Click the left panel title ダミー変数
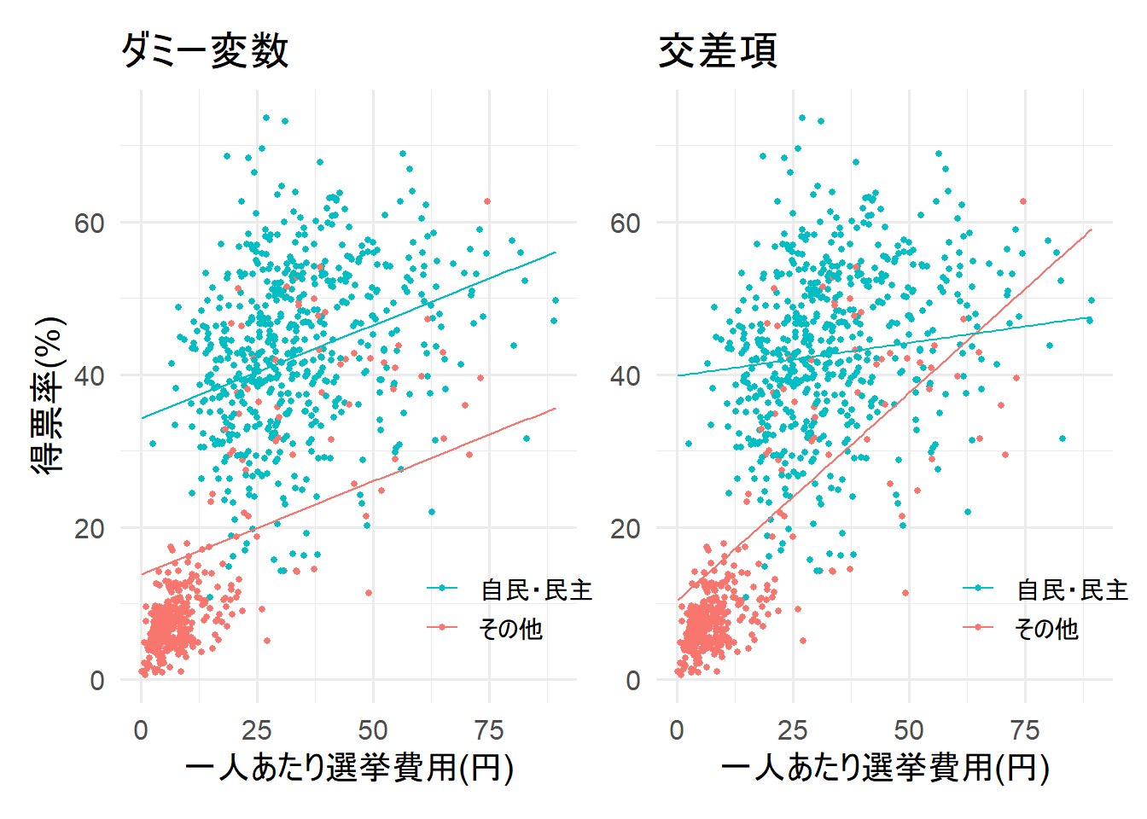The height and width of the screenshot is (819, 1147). pyautogui.click(x=205, y=51)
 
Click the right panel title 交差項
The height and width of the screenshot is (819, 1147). pyautogui.click(x=718, y=51)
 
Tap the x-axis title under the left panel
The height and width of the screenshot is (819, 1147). pyautogui.click(x=349, y=768)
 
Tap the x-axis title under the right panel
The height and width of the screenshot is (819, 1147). pyautogui.click(x=885, y=768)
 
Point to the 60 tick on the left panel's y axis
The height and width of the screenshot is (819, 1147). pyautogui.click(x=89, y=224)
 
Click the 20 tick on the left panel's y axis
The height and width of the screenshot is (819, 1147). pyautogui.click(x=89, y=529)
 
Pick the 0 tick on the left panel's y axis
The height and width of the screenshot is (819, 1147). pyautogui.click(x=97, y=681)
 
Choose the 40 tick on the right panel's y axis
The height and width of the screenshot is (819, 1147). pyautogui.click(x=625, y=376)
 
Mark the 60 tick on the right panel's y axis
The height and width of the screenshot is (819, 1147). pyautogui.click(x=625, y=224)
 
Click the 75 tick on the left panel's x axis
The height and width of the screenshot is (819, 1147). pyautogui.click(x=489, y=730)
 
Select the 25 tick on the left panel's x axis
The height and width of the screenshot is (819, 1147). pyautogui.click(x=257, y=730)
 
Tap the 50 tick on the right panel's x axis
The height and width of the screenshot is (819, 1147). pyautogui.click(x=909, y=730)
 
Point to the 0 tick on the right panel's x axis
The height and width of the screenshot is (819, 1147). pyautogui.click(x=677, y=730)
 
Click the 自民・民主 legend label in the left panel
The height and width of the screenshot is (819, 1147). pyautogui.click(x=536, y=590)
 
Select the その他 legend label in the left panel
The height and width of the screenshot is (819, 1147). pyautogui.click(x=510, y=629)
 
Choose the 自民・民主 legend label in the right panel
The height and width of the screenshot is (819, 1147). pyautogui.click(x=1072, y=590)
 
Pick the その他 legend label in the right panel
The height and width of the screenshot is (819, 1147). pyautogui.click(x=1046, y=629)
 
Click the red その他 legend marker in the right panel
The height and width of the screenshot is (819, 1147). pyautogui.click(x=978, y=628)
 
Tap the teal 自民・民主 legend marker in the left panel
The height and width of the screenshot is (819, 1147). pyautogui.click(x=442, y=589)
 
